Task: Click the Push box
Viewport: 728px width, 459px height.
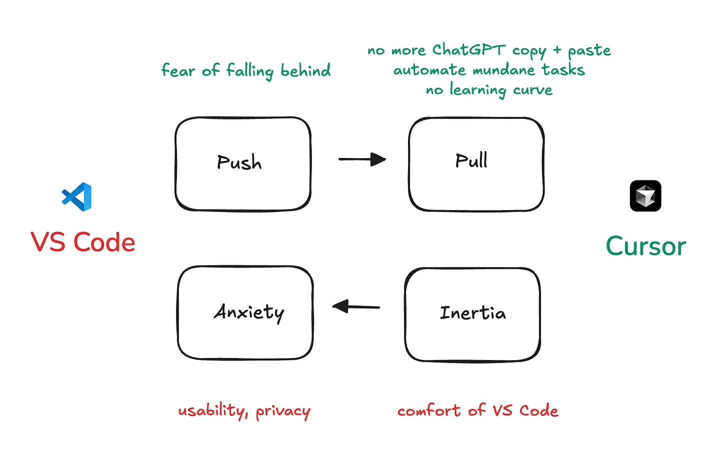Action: (x=243, y=163)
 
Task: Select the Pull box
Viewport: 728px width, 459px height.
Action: (x=476, y=163)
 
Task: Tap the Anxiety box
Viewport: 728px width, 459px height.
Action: (x=245, y=312)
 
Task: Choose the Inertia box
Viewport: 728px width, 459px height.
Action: (x=472, y=313)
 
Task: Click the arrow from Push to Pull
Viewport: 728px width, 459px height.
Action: (x=362, y=159)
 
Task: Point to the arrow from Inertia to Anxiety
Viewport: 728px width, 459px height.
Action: (x=356, y=306)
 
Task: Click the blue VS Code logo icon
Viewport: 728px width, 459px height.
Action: (x=77, y=196)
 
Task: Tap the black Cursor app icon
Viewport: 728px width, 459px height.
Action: (x=645, y=196)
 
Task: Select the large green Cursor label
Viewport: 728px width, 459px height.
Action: (x=645, y=246)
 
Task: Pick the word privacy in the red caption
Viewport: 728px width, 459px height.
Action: (x=283, y=411)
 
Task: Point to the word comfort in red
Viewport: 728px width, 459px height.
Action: (x=428, y=411)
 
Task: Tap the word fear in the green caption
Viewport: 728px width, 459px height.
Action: (x=178, y=70)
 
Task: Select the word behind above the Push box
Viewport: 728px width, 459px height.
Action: (x=305, y=70)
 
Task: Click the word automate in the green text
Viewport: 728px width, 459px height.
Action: (x=430, y=70)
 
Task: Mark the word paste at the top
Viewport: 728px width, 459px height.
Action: (x=589, y=50)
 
